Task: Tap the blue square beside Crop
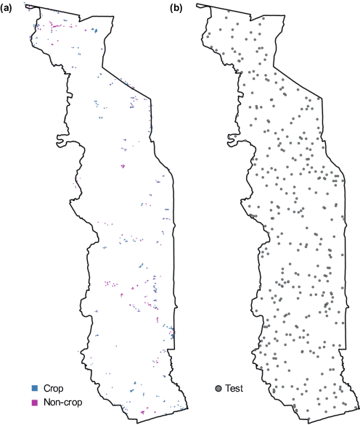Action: pos(33,389)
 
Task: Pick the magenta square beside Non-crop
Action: pos(33,401)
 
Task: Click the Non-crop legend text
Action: pos(62,401)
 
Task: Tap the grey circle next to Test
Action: pos(218,389)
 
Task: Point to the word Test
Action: pos(235,389)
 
